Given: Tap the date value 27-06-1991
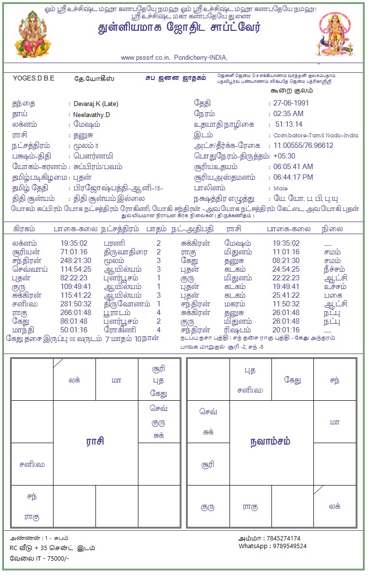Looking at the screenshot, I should (x=291, y=103).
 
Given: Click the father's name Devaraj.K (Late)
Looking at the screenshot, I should (x=96, y=104).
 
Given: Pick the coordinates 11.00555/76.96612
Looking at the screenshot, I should (x=303, y=145).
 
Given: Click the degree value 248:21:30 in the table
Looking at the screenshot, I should (x=76, y=261).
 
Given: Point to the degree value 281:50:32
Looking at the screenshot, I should (x=76, y=304).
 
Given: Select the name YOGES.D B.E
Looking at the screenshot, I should (x=34, y=79).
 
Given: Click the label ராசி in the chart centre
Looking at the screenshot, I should (x=95, y=441).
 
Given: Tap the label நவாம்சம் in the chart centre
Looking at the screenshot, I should (x=270, y=442).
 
